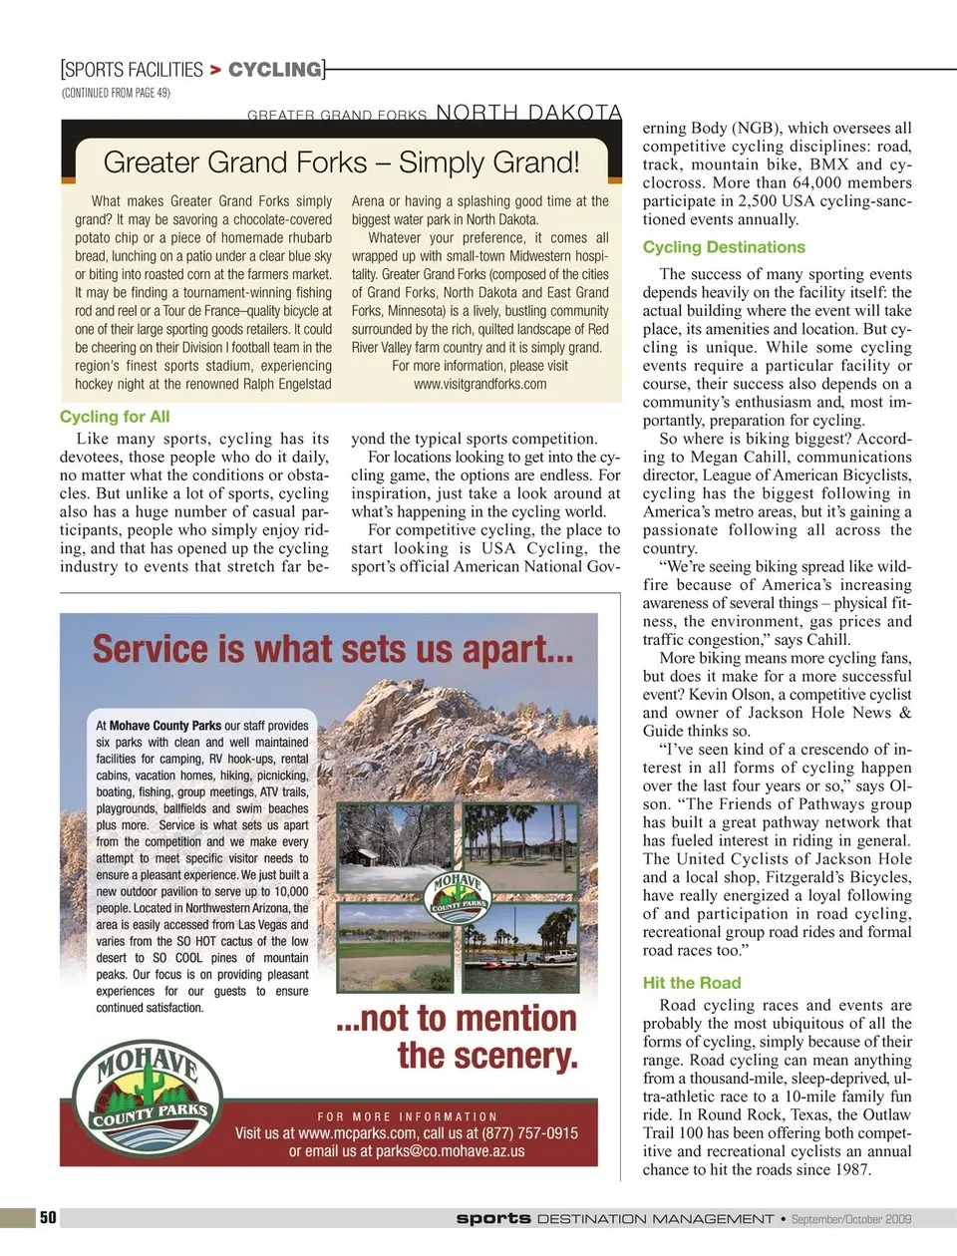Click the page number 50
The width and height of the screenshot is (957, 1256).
48,1217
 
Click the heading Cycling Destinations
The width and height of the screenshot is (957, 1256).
724,247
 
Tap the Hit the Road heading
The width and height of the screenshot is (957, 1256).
692,982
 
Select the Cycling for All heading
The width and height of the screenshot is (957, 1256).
115,417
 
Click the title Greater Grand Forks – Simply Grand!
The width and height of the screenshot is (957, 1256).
341,162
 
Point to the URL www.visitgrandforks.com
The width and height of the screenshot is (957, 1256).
479,384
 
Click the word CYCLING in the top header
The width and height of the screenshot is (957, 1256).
275,70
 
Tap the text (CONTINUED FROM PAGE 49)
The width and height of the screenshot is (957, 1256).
116,93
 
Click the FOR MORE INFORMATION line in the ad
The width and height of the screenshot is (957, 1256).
407,1116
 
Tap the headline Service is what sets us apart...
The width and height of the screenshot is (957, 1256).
333,650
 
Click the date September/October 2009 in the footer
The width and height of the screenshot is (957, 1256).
851,1218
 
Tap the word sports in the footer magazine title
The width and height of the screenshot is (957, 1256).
492,1218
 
